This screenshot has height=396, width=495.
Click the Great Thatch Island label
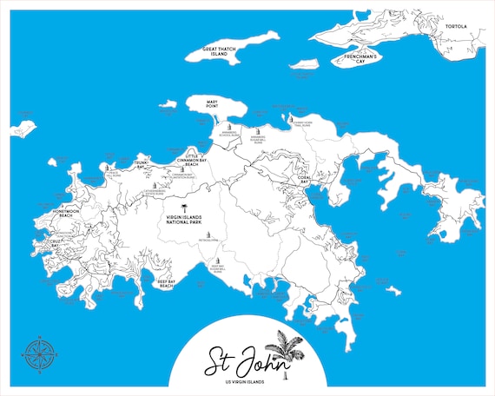point(221,50)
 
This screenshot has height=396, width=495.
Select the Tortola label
point(456,27)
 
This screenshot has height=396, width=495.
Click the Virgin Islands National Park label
point(183,221)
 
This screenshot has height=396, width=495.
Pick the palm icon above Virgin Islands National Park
point(183,208)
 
